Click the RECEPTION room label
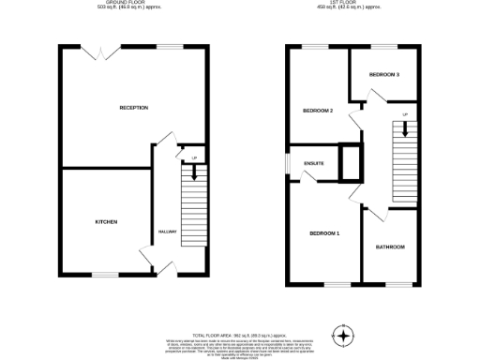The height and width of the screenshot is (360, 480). [134, 108]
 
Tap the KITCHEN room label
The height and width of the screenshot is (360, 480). [106, 222]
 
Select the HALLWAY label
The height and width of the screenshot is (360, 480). [168, 232]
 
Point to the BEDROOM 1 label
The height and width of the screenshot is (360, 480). [324, 232]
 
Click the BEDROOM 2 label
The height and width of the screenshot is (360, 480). [318, 111]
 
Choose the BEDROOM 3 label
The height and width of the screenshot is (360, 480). [383, 74]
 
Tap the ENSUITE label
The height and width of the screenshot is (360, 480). [313, 164]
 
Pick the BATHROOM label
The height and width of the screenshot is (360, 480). [390, 247]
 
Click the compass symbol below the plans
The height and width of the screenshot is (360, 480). [343, 335]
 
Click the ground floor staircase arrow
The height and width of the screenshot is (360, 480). [194, 171]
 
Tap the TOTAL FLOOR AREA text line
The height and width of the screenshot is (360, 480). [240, 334]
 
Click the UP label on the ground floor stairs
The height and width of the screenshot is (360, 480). [194, 157]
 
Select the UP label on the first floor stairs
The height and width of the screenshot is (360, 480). [405, 115]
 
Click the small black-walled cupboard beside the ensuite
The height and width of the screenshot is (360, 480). [351, 161]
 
